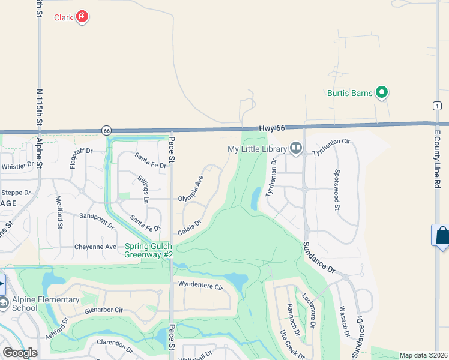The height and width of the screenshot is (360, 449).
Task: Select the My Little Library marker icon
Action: (295, 148)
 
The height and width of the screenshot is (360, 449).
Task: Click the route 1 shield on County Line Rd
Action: (435, 106)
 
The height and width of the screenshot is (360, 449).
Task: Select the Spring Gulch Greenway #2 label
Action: (149, 250)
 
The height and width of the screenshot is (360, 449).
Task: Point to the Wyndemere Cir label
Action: (200, 284)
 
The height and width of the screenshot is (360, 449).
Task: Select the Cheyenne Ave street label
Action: (95, 247)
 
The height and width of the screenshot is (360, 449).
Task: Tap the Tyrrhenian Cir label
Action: (331, 154)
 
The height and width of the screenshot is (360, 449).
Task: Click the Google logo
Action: (20, 353)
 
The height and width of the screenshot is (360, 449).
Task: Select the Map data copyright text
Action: (423, 355)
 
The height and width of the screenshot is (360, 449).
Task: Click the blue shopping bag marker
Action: (442, 235)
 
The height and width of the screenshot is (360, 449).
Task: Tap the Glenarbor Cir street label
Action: (104, 310)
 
